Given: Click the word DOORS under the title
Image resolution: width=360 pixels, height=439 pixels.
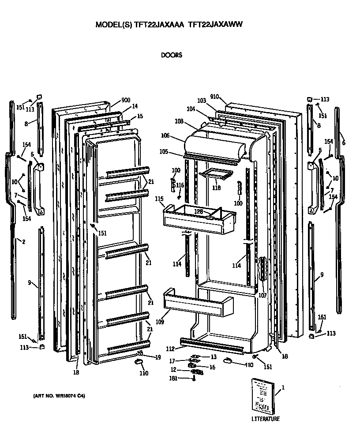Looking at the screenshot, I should (x=172, y=55).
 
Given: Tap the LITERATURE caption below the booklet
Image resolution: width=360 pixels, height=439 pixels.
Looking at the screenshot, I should (x=265, y=419).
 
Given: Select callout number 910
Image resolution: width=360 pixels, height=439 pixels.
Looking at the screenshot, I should (x=215, y=97).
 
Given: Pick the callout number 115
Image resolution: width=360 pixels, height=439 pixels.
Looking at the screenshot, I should (x=159, y=199).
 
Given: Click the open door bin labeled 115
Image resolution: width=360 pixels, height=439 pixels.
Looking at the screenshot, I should (x=199, y=220).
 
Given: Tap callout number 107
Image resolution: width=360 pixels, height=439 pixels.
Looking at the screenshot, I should (x=263, y=295).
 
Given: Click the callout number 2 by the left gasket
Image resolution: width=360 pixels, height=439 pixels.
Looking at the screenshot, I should (x=23, y=241).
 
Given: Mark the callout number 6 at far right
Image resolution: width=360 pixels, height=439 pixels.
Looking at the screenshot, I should (x=344, y=143).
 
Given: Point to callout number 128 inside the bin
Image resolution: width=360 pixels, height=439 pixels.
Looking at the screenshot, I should (x=199, y=212).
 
